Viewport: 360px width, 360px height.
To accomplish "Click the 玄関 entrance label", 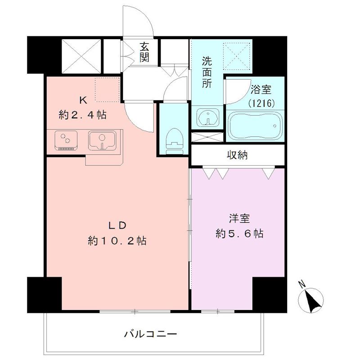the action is (144, 52).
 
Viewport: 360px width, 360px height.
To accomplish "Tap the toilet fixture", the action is (175, 141).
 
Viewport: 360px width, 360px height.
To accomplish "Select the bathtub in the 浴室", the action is (255, 126).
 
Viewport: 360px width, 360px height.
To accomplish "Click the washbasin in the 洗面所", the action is (207, 117).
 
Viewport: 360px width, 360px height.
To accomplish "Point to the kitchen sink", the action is (102, 140).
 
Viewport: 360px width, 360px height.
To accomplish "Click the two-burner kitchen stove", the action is (66, 140).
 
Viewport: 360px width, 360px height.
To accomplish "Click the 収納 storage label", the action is (238, 155).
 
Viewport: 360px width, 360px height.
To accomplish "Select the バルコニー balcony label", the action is (151, 333).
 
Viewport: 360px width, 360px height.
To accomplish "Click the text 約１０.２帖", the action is (117, 241).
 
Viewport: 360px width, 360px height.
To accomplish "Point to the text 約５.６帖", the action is (239, 234).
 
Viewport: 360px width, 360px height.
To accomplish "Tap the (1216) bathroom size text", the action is (261, 103).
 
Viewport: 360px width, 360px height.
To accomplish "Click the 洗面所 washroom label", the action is (207, 72).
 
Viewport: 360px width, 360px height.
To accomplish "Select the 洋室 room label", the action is (239, 218).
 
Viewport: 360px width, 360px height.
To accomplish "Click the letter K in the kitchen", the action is (83, 100).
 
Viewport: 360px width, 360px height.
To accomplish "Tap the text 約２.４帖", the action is (83, 114).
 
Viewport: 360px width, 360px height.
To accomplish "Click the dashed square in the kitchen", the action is (108, 90).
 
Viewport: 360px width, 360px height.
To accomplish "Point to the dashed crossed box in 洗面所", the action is (237, 56).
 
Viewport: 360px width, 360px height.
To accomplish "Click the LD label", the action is (117, 225).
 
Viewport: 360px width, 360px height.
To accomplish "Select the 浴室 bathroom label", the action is (261, 89).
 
